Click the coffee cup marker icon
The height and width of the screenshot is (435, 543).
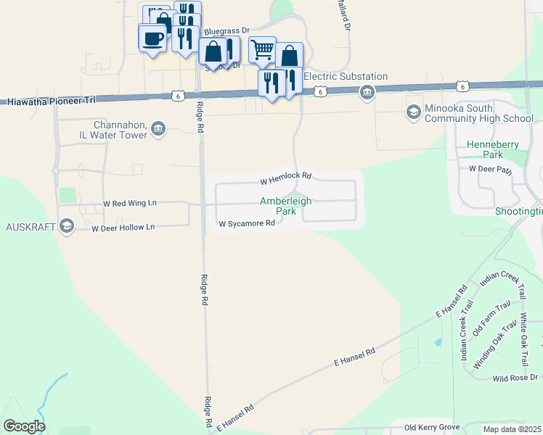pos(152,38)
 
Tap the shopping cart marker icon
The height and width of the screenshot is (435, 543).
pos(262,49)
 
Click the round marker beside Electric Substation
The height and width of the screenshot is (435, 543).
pos(367,91)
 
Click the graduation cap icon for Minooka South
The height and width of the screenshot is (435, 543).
pos(413,112)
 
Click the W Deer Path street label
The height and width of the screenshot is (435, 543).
pos(490,169)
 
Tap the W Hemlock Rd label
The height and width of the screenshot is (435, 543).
pos(286,176)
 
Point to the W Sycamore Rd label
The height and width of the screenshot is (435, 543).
pos(247,224)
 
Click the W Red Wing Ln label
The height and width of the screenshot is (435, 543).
pos(130,204)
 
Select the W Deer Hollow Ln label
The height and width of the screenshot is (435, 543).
pos(123,228)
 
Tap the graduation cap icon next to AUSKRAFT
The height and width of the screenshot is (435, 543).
pos(67,227)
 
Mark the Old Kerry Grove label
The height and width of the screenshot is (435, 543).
pos(432,428)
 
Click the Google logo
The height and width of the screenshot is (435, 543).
pos(24,426)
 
